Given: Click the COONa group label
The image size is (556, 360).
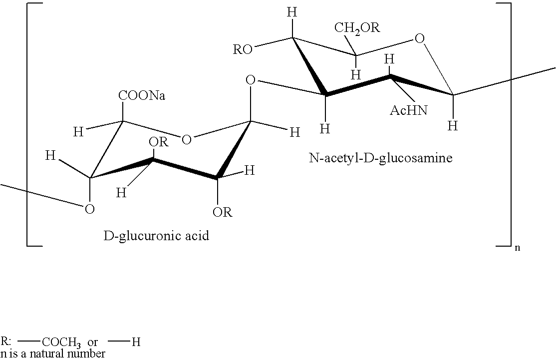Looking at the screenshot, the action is (142, 96).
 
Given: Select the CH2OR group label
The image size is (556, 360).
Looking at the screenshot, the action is (357, 28).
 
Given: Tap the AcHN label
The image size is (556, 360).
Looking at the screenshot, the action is (408, 110).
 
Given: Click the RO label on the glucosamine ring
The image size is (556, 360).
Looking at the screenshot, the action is (243, 49).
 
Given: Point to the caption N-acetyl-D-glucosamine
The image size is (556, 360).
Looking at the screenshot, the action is (380, 158).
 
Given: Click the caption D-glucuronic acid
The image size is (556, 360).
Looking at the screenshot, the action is (156, 236).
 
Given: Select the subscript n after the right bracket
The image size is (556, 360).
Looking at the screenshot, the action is (518, 248).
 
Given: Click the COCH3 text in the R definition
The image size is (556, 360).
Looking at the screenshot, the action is (61, 342).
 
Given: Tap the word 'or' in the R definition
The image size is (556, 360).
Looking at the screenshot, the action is (92, 343).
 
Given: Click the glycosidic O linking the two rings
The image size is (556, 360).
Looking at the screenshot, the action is (251, 80).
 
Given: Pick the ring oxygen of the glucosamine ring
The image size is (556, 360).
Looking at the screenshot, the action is (419, 38).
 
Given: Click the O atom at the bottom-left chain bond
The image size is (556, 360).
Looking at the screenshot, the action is (90, 209).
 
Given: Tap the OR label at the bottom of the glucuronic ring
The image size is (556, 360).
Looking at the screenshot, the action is (222, 212).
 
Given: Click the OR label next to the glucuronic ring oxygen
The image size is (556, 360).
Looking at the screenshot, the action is (158, 142).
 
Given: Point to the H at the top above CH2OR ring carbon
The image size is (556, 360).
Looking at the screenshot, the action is (292, 13).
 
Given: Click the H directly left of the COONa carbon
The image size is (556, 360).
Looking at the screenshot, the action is (78, 132).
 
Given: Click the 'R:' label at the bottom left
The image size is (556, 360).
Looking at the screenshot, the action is (6, 341).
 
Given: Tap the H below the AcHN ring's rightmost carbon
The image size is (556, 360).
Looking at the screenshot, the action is (453, 125).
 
